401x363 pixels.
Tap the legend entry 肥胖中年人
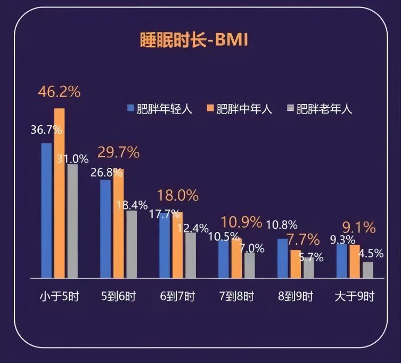(240, 109)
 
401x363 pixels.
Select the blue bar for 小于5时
(46, 211)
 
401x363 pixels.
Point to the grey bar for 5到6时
(131, 244)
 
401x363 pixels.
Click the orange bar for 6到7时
(177, 245)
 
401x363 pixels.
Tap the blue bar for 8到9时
(282, 259)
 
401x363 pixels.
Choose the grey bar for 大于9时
(367, 270)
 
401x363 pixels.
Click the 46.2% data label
(59, 92)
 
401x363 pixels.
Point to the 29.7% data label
(118, 152)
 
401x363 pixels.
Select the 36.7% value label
(46, 130)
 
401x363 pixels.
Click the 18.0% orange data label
(178, 196)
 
